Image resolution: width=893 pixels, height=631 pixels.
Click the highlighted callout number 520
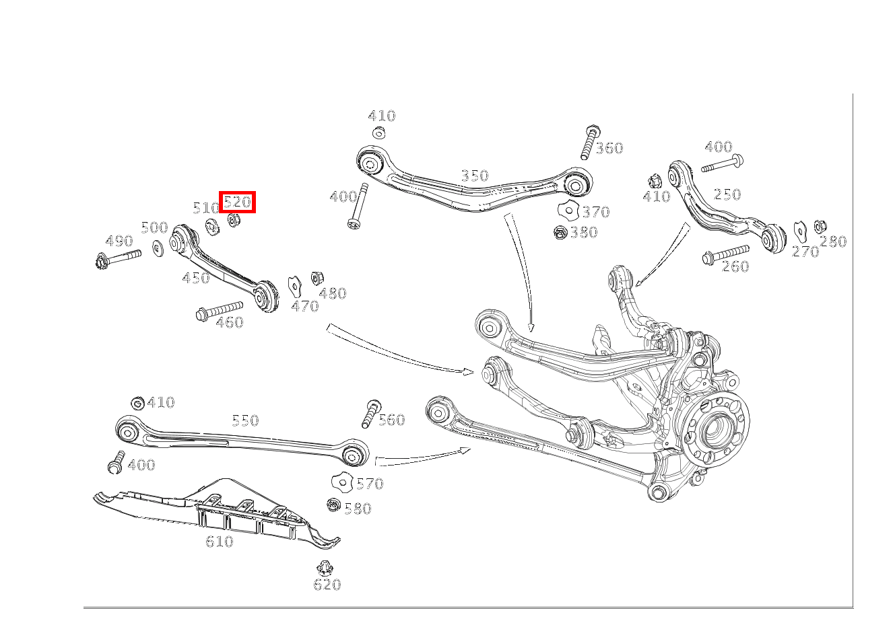(x=237, y=201)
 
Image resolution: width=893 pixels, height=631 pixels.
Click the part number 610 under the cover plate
(x=219, y=542)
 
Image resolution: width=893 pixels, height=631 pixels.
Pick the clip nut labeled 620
(x=327, y=566)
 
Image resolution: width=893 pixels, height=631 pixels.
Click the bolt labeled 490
(x=119, y=257)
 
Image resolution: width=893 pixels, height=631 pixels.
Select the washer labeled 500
(x=158, y=248)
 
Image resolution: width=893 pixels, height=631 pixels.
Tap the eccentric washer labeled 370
(x=569, y=211)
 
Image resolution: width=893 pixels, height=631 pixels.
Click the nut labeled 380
(x=560, y=233)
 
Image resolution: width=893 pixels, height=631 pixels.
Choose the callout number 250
(x=727, y=194)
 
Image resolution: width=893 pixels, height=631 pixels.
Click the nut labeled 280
(x=820, y=227)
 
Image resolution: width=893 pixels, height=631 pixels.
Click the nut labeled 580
(x=333, y=505)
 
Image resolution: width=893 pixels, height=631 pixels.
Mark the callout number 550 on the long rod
(x=245, y=420)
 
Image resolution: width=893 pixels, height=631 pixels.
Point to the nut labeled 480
(x=315, y=277)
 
